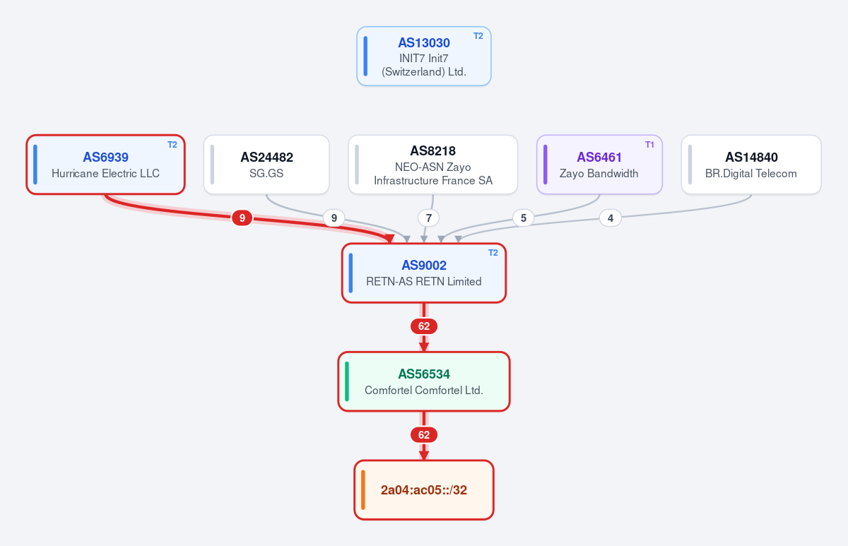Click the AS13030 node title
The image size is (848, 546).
[x=423, y=43]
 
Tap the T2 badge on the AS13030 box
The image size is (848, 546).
[x=478, y=36]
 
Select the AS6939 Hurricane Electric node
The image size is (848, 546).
[x=105, y=165]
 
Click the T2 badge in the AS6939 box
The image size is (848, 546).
[x=172, y=145]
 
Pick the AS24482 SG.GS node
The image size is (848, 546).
[x=266, y=165]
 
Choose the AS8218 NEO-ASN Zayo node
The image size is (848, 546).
[x=433, y=165]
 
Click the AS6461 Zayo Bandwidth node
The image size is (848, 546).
[x=600, y=165]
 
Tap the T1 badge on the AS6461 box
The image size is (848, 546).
[x=649, y=145]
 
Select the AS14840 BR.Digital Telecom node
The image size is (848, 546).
[x=751, y=165]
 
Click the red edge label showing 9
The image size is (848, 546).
[x=242, y=218]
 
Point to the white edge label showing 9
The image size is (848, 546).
[x=334, y=218]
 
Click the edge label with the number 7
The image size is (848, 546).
[x=428, y=218]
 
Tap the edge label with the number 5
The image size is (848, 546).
[x=524, y=218]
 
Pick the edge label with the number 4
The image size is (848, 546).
[x=611, y=218]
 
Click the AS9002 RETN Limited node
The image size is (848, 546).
[x=424, y=273]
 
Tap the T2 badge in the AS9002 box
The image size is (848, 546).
[x=493, y=253]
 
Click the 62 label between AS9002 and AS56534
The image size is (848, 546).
[x=424, y=326]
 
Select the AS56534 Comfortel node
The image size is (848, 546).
[x=424, y=381]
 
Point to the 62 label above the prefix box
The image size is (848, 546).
[x=424, y=435]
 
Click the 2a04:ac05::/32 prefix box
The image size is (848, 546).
[x=424, y=490]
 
